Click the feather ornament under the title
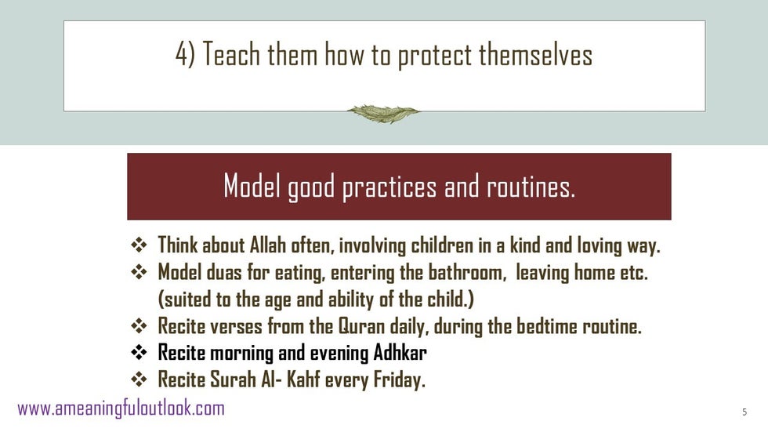pyautogui.click(x=383, y=114)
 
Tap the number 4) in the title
pyautogui.click(x=185, y=53)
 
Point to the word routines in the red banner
pyautogui.click(x=531, y=187)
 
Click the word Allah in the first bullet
pyautogui.click(x=268, y=245)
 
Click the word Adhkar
pyautogui.click(x=400, y=353)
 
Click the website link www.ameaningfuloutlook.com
pyautogui.click(x=121, y=408)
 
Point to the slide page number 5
pyautogui.click(x=744, y=412)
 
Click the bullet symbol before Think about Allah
pyautogui.click(x=139, y=245)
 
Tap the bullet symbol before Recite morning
pyautogui.click(x=139, y=352)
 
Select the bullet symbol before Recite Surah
pyautogui.click(x=139, y=379)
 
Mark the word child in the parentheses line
pyautogui.click(x=446, y=299)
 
